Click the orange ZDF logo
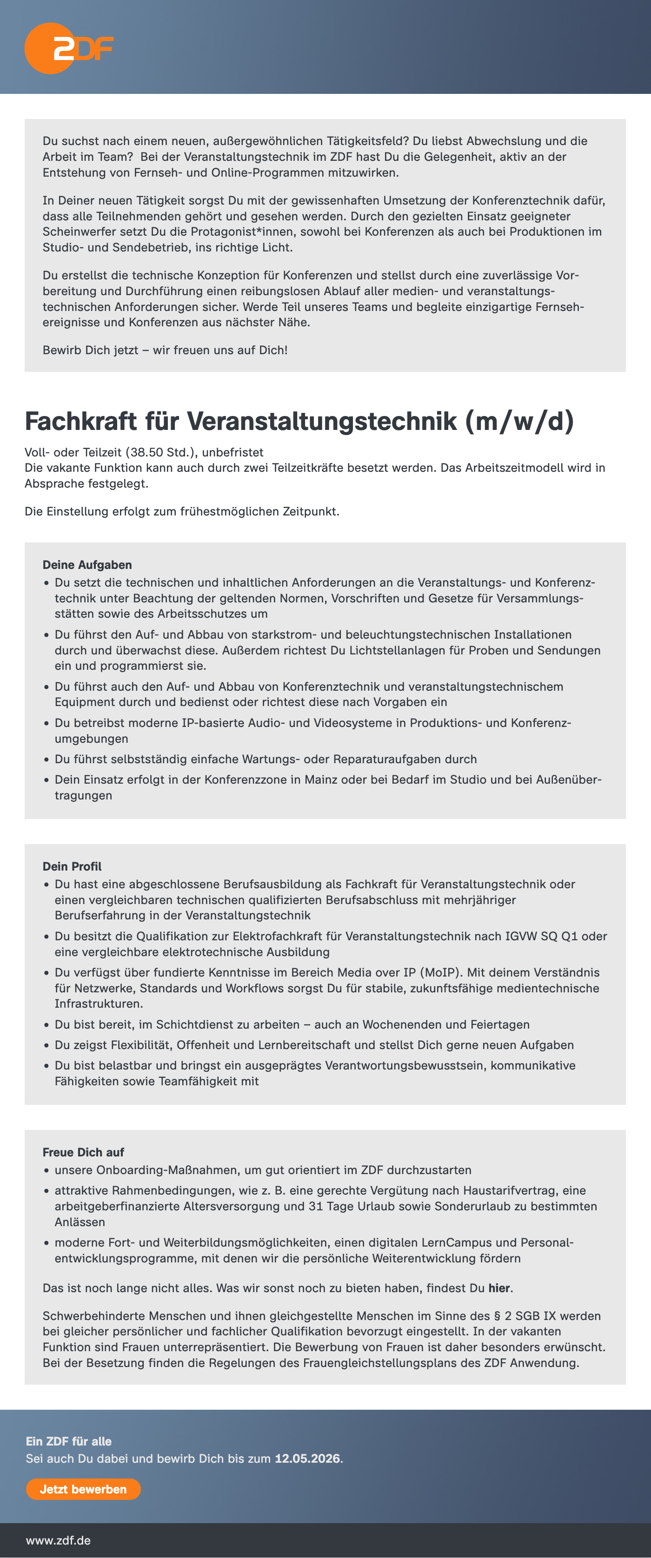(68, 48)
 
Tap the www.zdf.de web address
(58, 1540)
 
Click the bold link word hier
(499, 1287)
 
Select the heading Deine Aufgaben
(87, 564)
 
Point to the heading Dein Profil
(72, 866)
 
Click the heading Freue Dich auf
(83, 1152)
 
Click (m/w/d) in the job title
(519, 421)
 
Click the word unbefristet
(232, 452)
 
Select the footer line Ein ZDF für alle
(68, 1441)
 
